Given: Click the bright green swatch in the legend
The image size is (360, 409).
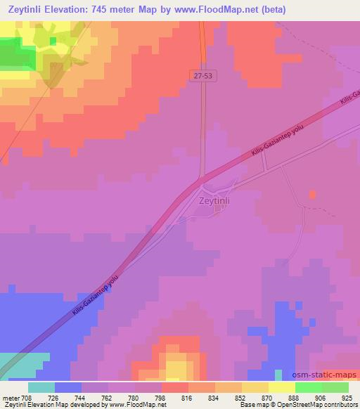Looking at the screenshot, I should click(x=308, y=387).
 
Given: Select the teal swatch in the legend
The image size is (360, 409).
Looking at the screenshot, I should click(x=41, y=387).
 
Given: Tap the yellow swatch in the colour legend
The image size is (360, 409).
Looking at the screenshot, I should click(x=281, y=387).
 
